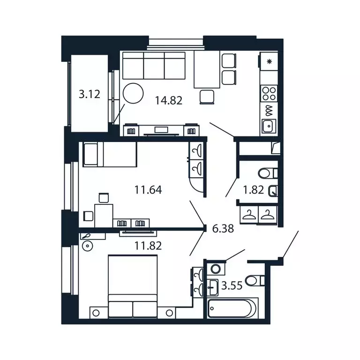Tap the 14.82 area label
click(168, 99)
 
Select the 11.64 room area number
click(148, 190)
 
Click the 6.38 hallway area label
click(223, 229)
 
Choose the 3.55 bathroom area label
click(232, 285)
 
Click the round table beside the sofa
click(133, 93)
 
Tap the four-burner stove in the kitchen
click(269, 93)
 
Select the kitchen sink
click(269, 126)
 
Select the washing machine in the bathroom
click(216, 269)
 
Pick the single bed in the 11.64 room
click(109, 155)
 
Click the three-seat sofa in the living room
click(154, 66)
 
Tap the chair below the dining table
click(207, 97)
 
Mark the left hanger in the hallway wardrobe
click(249, 215)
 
